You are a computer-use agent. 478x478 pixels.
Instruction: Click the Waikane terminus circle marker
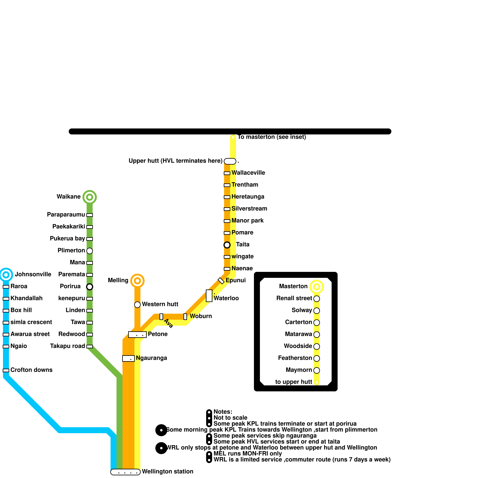(x=89, y=197)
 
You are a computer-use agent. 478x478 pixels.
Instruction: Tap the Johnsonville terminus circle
(x=6, y=275)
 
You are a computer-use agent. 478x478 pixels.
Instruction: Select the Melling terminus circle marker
(x=137, y=281)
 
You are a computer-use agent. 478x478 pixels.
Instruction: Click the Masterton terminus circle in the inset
(x=317, y=287)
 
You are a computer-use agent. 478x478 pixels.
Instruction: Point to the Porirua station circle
(x=90, y=287)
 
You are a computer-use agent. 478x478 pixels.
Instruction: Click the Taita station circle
(x=227, y=245)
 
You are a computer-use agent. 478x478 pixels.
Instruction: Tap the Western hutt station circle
(x=137, y=305)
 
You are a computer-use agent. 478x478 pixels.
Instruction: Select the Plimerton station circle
(x=90, y=251)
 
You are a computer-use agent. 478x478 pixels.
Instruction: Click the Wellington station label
(x=168, y=472)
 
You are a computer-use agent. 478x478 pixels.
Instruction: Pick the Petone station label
(x=158, y=334)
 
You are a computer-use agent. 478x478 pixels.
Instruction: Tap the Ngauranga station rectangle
(x=128, y=358)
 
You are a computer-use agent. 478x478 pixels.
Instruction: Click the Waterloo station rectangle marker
(x=209, y=296)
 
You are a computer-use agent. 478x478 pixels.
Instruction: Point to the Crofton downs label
(x=31, y=370)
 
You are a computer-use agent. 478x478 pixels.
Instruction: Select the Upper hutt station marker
(x=230, y=161)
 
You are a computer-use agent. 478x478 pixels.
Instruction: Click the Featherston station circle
(x=317, y=358)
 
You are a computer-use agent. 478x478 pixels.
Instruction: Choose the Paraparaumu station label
(x=66, y=215)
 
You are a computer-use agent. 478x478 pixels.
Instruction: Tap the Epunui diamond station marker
(x=221, y=281)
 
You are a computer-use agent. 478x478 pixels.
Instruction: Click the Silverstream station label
(x=249, y=209)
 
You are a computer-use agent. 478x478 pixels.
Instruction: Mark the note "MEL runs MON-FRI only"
(x=248, y=454)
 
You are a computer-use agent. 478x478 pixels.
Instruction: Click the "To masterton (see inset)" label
(x=272, y=137)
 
